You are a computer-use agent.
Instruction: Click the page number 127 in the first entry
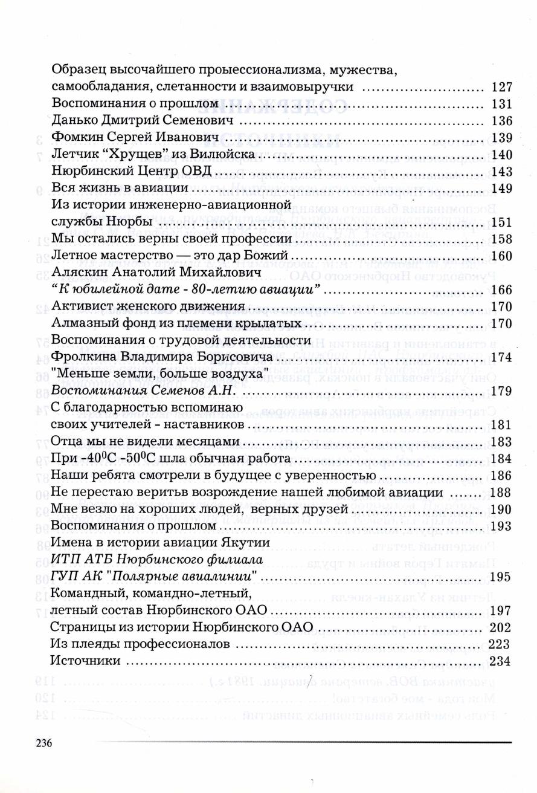503,86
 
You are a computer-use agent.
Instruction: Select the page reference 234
501,661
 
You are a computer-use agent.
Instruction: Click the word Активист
79,306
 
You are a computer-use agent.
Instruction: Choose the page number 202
501,627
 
